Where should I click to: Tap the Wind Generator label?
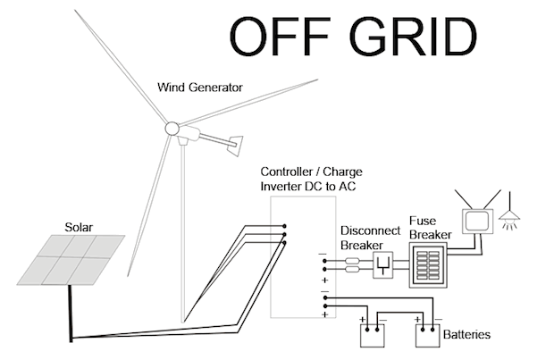[200, 88]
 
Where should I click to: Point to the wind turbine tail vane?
[236, 141]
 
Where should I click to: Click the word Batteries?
[466, 336]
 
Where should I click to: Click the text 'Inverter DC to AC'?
[312, 185]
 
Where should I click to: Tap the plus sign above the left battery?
[364, 319]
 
